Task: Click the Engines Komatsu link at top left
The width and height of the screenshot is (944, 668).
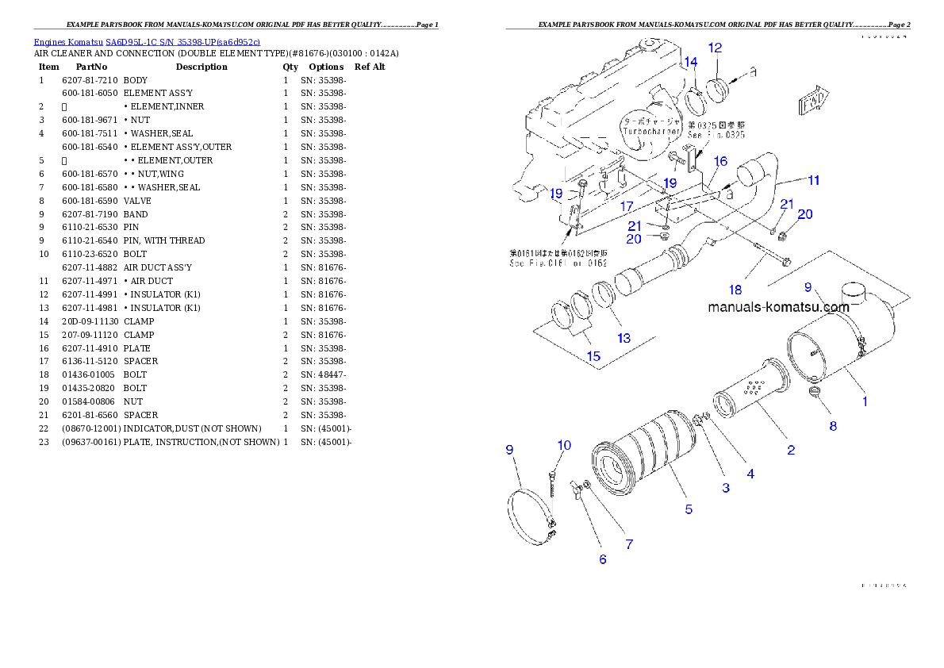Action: pos(147,41)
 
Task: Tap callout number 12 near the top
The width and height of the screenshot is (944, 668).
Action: pos(715,48)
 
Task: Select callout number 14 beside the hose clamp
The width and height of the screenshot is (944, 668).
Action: pos(691,62)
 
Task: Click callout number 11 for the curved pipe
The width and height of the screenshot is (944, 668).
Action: pos(813,180)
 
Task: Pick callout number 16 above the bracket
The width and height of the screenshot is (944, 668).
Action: pos(720,162)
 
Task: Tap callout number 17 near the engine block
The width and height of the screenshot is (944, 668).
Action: pos(627,207)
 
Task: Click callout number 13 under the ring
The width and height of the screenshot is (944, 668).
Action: pos(624,338)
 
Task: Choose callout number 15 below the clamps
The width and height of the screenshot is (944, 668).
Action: pos(593,356)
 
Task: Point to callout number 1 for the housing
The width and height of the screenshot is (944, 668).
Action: pos(865,401)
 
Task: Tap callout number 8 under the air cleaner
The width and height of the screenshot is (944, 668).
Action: pos(833,426)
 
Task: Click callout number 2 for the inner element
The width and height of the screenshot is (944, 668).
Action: pos(791,450)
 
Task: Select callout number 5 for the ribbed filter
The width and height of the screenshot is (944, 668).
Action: pos(689,509)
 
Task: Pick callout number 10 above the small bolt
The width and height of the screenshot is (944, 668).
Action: pos(563,445)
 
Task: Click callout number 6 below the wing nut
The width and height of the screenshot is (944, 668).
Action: pos(603,559)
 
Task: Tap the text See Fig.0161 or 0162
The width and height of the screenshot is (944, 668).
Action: pos(558,263)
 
